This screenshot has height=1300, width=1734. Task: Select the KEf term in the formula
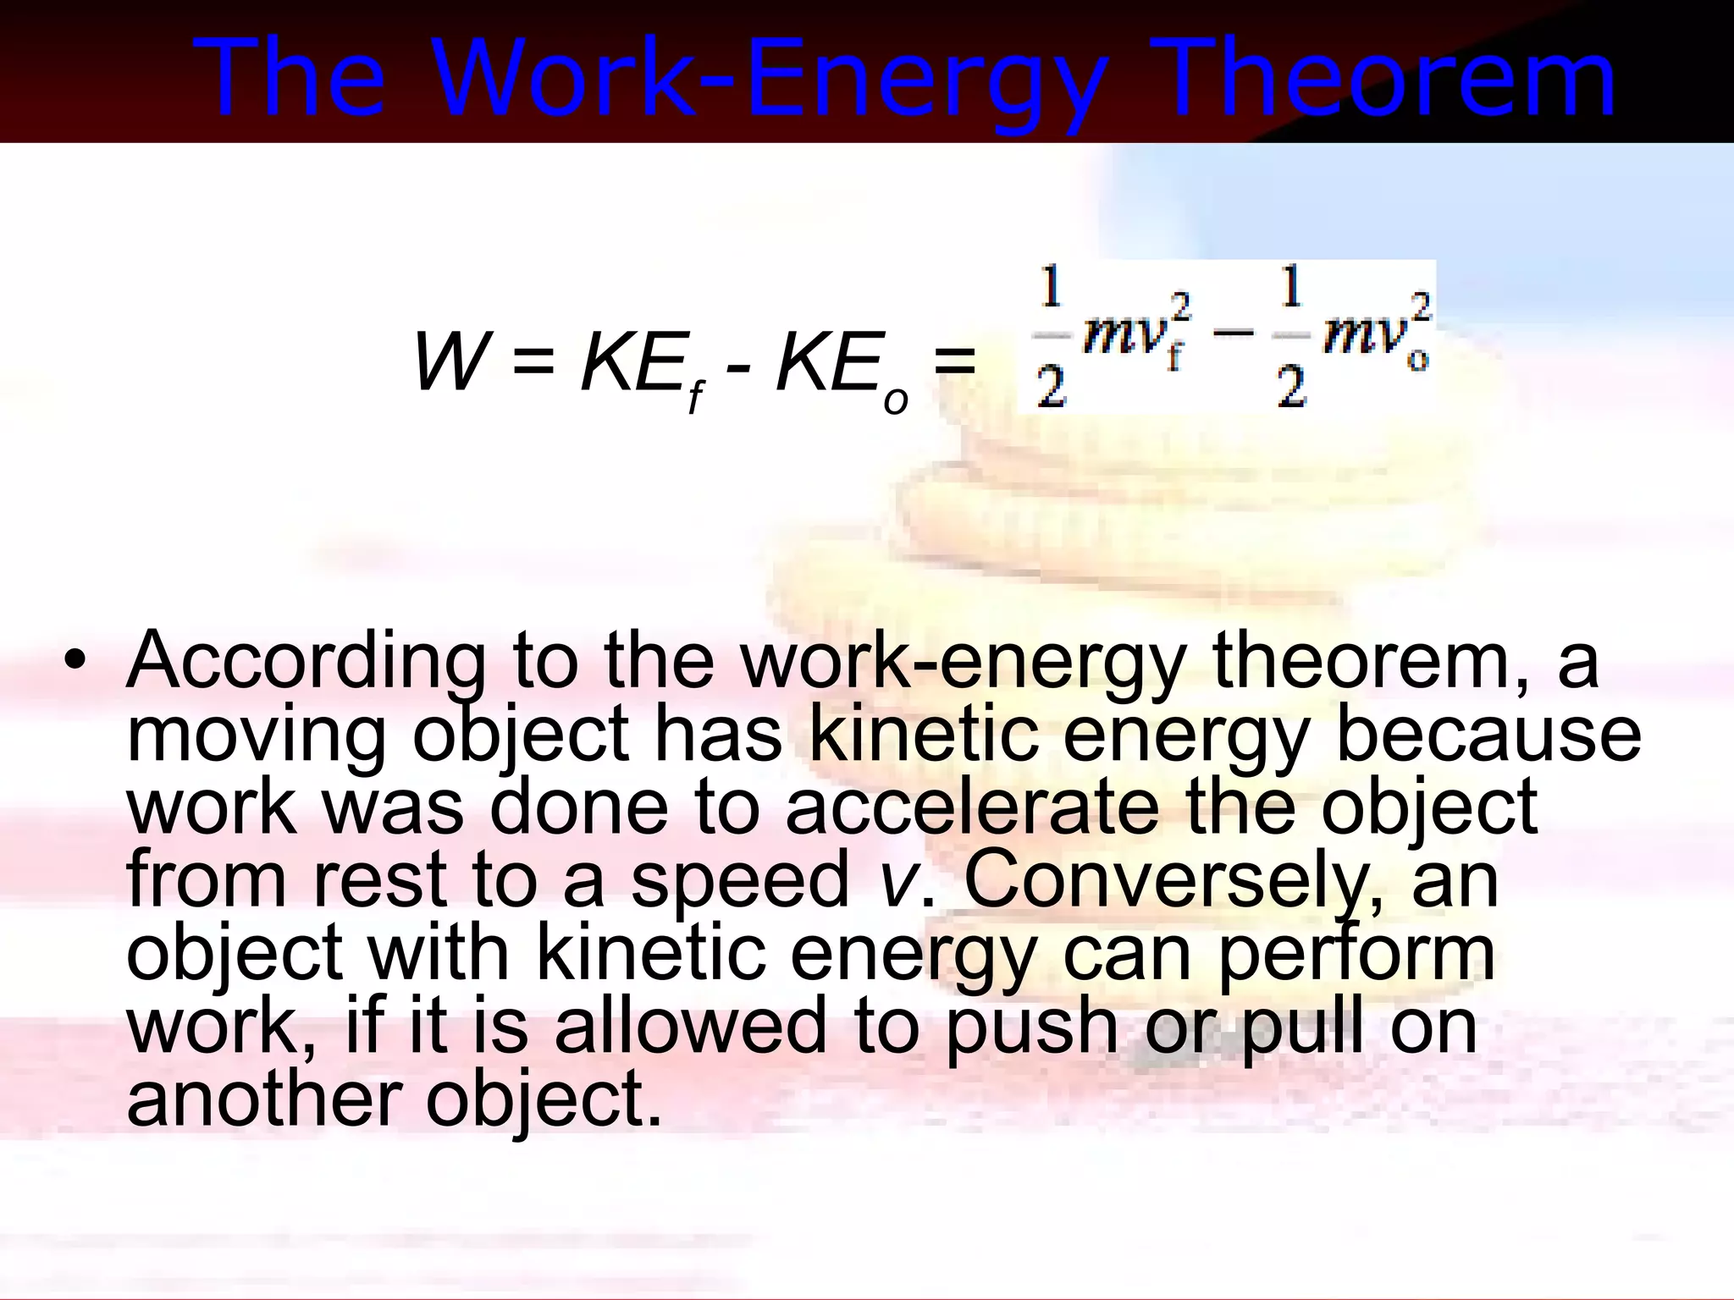pyautogui.click(x=643, y=368)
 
